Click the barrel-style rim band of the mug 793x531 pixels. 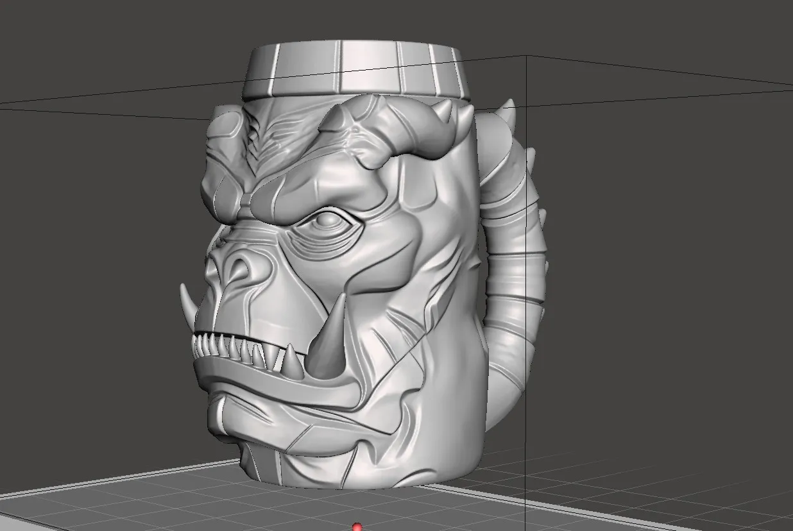[357, 71]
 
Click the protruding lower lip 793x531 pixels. [269, 382]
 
